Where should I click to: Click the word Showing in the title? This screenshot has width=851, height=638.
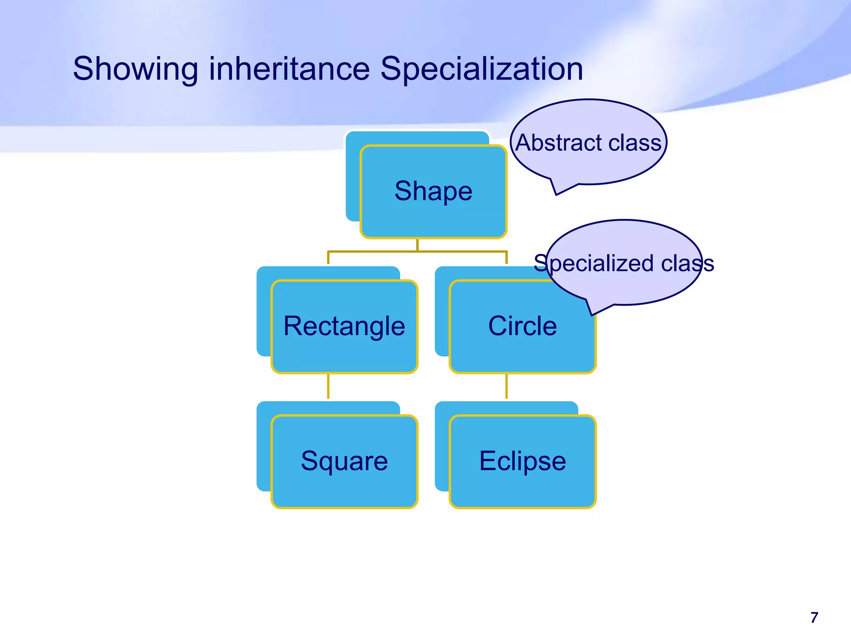click(x=135, y=69)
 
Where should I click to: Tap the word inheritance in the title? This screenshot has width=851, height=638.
click(x=289, y=69)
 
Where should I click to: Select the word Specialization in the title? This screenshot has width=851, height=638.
click(x=482, y=69)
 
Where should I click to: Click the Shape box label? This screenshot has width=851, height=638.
click(x=433, y=191)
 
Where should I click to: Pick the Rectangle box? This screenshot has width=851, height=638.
click(x=344, y=326)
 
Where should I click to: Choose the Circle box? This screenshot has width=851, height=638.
click(x=522, y=326)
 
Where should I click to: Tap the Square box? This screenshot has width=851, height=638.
click(x=344, y=461)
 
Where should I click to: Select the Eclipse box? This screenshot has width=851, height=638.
click(x=522, y=461)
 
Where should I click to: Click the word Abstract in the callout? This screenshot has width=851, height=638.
click(x=558, y=143)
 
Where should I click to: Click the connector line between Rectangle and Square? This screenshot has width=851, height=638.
click(x=328, y=386)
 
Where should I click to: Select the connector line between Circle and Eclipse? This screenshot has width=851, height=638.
click(x=506, y=386)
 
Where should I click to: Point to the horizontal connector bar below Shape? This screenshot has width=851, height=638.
click(x=417, y=251)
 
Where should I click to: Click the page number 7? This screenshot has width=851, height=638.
click(x=814, y=618)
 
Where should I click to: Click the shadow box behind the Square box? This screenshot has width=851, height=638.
click(x=263, y=449)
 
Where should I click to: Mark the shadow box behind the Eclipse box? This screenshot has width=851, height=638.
click(x=442, y=449)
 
